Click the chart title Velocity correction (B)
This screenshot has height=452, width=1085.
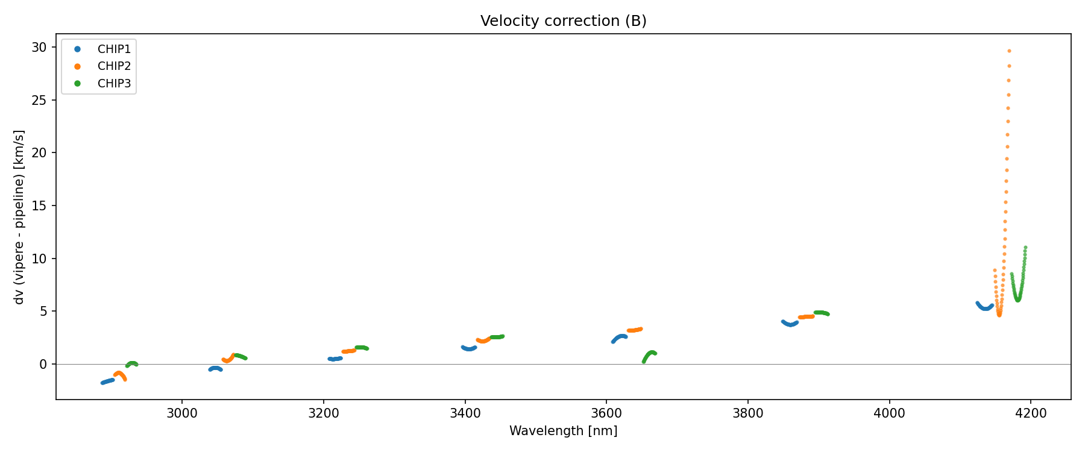[x=563, y=21]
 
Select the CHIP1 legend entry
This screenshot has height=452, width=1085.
[x=113, y=49]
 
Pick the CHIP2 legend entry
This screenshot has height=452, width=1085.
[x=113, y=66]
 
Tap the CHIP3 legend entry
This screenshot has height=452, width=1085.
[x=113, y=84]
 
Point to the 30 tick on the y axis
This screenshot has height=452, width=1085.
[x=40, y=48]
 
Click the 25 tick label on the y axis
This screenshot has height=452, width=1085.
[x=40, y=100]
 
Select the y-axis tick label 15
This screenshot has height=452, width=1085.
[x=40, y=206]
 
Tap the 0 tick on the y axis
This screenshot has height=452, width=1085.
[x=43, y=364]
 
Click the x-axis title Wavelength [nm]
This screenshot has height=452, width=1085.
[x=563, y=431]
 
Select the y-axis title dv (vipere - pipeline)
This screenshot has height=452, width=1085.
[x=19, y=217]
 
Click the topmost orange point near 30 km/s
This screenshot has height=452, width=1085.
[x=1009, y=51]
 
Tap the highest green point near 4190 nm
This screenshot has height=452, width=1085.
[x=1025, y=248]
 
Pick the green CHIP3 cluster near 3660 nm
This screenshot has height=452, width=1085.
[x=650, y=354]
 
